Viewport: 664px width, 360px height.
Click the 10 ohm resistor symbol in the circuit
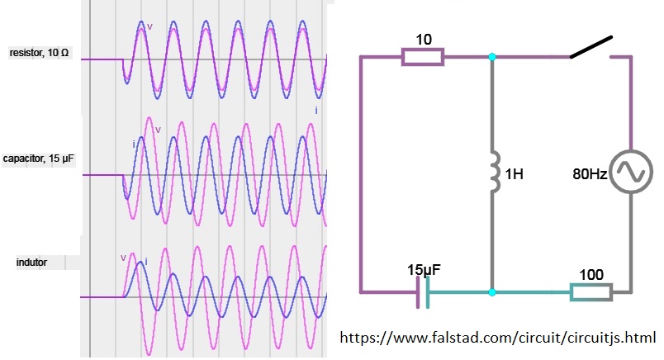pyautogui.click(x=422, y=57)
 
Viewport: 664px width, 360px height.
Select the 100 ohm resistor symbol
pyautogui.click(x=590, y=292)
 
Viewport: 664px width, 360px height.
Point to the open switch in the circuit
pyautogui.click(x=591, y=48)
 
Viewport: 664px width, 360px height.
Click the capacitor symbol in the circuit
pyautogui.click(x=423, y=292)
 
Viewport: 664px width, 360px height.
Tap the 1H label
pyautogui.click(x=514, y=175)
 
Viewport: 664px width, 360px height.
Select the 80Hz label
pyautogui.click(x=590, y=175)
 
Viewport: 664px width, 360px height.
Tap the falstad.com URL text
pyautogui.click(x=498, y=338)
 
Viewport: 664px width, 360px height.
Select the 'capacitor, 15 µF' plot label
pyautogui.click(x=39, y=158)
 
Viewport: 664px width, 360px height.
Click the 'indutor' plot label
pyautogui.click(x=31, y=263)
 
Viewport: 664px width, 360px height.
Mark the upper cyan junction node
pyautogui.click(x=492, y=57)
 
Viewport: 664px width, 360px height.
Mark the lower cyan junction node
pyautogui.click(x=492, y=292)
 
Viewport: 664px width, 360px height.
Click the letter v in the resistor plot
pyautogui.click(x=149, y=26)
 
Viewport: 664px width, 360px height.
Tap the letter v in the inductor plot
pyautogui.click(x=123, y=258)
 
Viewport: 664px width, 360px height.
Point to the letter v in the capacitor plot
pyautogui.click(x=158, y=129)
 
